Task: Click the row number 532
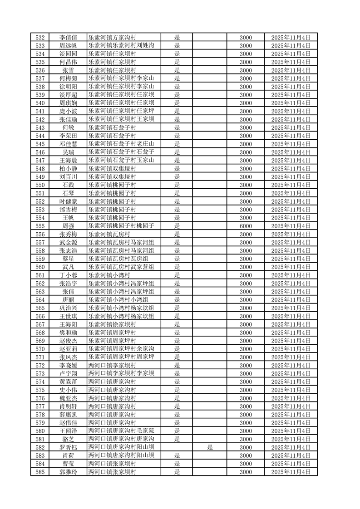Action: click(x=40, y=38)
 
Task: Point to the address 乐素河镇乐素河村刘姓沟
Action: click(x=122, y=46)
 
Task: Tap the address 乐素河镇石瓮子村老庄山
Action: click(x=122, y=144)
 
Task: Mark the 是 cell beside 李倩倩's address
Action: click(x=177, y=38)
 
